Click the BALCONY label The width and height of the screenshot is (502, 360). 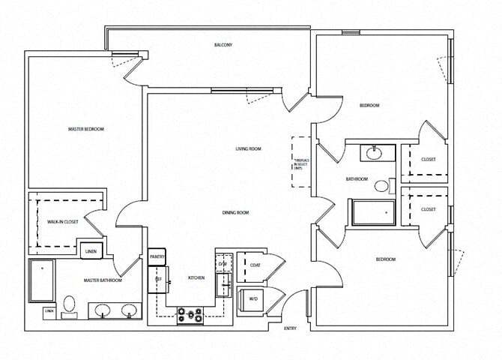pos(223,46)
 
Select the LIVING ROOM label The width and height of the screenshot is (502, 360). pos(248,149)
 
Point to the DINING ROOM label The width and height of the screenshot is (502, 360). pos(235,213)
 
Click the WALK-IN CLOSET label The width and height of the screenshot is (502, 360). pos(62,222)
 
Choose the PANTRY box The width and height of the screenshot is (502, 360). pos(157,256)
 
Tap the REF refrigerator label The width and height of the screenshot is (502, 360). pos(158,278)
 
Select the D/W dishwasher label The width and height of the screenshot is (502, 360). pos(222,264)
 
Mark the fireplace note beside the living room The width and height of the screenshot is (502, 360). pos(300,162)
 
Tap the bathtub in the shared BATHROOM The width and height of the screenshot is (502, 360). pos(372,213)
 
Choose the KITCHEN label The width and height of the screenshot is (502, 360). pos(196,278)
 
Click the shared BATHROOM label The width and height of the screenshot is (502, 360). pos(357,179)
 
